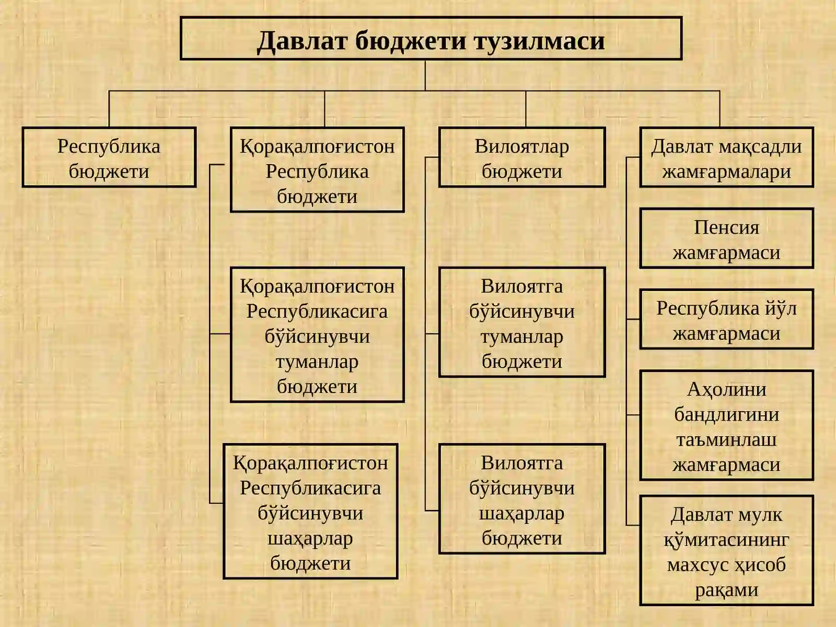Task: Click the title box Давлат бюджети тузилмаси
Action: pos(431,38)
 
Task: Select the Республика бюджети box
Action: pos(109,157)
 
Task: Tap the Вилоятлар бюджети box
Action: pos(522,157)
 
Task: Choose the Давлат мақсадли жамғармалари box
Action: pos(726,157)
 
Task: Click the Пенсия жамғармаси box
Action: pos(726,238)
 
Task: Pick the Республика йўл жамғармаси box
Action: pos(726,319)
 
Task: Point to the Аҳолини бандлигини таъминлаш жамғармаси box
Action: pos(726,425)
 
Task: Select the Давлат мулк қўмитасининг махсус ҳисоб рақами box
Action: pos(726,551)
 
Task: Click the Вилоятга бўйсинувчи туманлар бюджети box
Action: pos(522,322)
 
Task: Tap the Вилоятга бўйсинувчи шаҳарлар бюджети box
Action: pos(522,498)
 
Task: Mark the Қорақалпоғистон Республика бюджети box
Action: pos(317,170)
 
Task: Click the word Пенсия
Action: pos(726,228)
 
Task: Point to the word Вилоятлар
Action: pos(522,147)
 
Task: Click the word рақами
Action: pos(726,590)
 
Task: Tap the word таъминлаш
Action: pos(726,440)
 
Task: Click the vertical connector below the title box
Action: pos(425,75)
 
